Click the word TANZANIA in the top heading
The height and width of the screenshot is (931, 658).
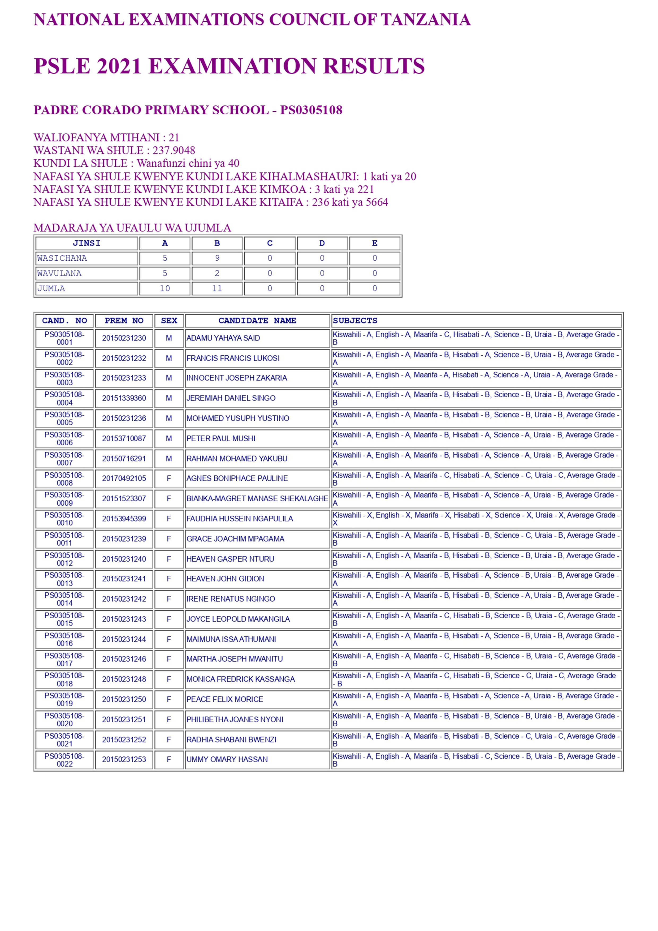click(425, 19)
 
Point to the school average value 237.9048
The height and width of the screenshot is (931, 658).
click(174, 150)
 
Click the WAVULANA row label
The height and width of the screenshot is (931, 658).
click(59, 273)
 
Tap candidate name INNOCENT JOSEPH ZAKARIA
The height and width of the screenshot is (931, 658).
click(236, 378)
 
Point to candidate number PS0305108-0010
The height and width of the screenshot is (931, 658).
click(64, 519)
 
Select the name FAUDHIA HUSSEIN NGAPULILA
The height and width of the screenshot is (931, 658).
click(239, 519)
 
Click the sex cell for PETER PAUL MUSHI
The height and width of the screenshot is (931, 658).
click(169, 438)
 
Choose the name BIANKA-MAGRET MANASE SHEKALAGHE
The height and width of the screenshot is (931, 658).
click(257, 498)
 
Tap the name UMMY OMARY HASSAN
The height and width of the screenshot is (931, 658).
click(227, 760)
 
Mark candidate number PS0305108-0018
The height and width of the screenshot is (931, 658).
click(64, 679)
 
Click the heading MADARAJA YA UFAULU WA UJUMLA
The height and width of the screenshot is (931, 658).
click(132, 228)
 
